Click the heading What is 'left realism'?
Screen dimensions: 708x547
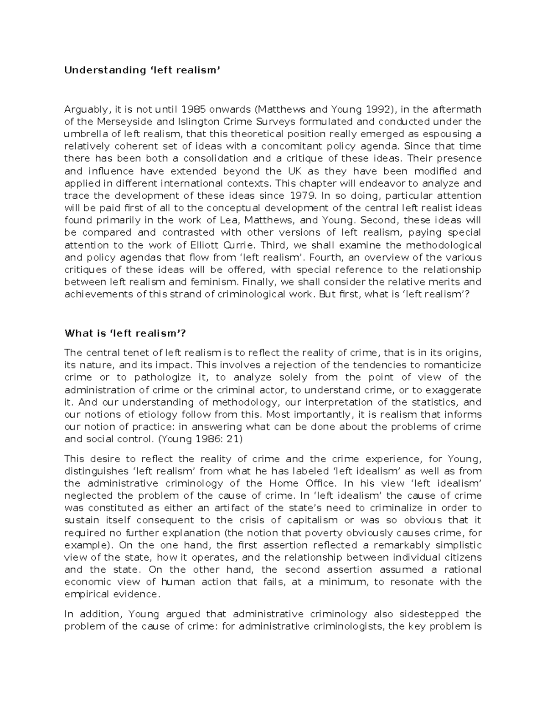125,333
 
